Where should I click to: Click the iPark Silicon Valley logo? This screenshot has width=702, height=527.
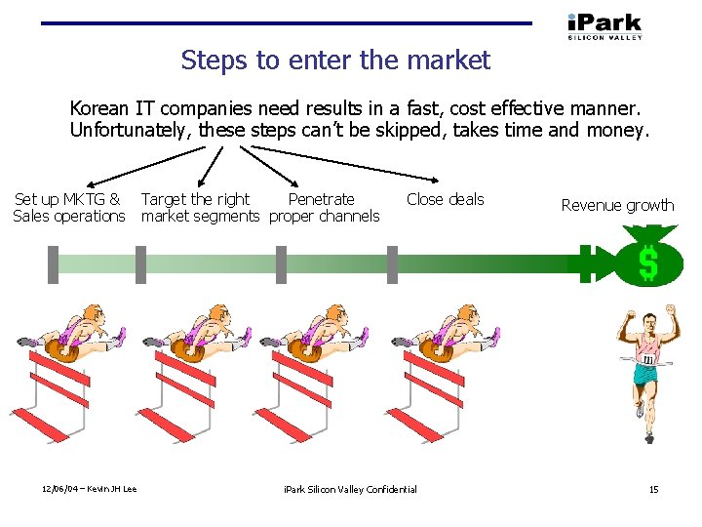(x=604, y=25)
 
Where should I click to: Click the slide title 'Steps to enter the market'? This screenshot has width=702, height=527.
(x=335, y=61)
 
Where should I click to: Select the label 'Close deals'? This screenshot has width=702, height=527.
(x=445, y=199)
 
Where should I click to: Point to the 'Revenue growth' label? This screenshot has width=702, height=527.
(x=617, y=205)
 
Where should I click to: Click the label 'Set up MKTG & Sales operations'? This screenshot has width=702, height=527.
(x=69, y=207)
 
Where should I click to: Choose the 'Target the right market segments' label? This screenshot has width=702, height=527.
(x=200, y=207)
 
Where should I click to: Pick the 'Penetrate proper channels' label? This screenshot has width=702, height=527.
(x=324, y=207)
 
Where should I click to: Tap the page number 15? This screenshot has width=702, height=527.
(x=654, y=489)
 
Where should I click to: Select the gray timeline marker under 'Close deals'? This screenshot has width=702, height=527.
(x=392, y=263)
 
